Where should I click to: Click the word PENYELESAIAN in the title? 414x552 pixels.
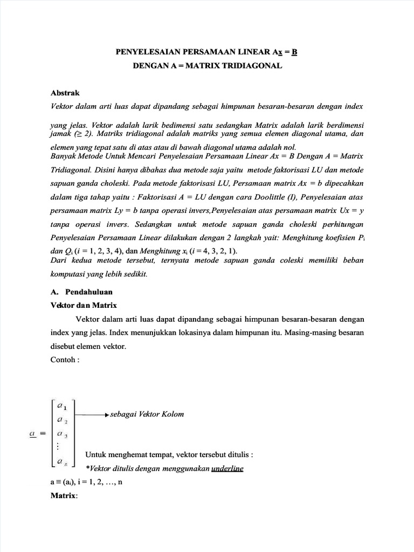(144, 52)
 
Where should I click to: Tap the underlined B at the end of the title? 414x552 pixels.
(295, 52)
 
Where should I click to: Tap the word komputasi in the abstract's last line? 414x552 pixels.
(64, 274)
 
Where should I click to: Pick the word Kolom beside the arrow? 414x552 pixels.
(171, 414)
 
